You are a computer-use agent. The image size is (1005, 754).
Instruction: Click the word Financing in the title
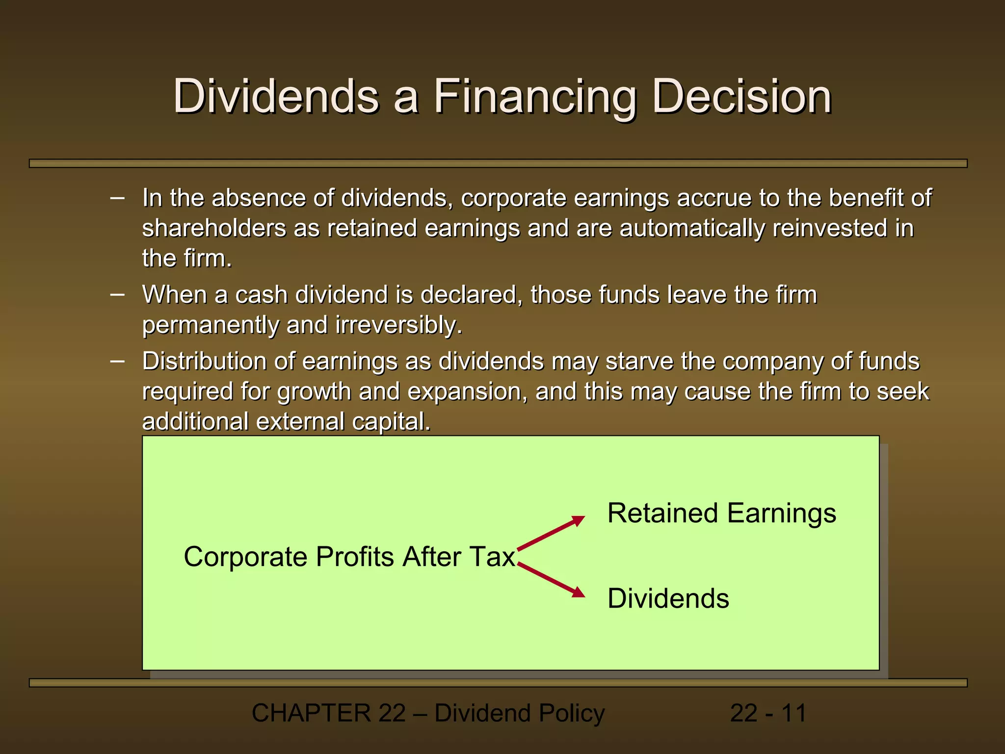534,97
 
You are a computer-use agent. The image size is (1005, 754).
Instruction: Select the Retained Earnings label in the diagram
721,513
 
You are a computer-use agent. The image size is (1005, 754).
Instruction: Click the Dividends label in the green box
668,598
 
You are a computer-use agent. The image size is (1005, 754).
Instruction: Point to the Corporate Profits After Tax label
349,557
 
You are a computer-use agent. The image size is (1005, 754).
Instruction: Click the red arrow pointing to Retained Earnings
551,533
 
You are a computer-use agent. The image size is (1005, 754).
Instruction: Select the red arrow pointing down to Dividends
551,580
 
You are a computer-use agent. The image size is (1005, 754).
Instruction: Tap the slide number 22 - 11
768,713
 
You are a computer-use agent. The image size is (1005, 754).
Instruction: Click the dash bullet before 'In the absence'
117,198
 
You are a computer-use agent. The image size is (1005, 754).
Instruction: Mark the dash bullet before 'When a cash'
117,295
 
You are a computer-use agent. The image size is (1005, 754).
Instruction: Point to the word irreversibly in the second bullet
398,325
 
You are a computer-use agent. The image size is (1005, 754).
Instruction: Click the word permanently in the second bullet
210,325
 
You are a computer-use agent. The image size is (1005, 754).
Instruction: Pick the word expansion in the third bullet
467,392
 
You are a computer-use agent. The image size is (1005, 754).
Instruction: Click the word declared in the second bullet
471,295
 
